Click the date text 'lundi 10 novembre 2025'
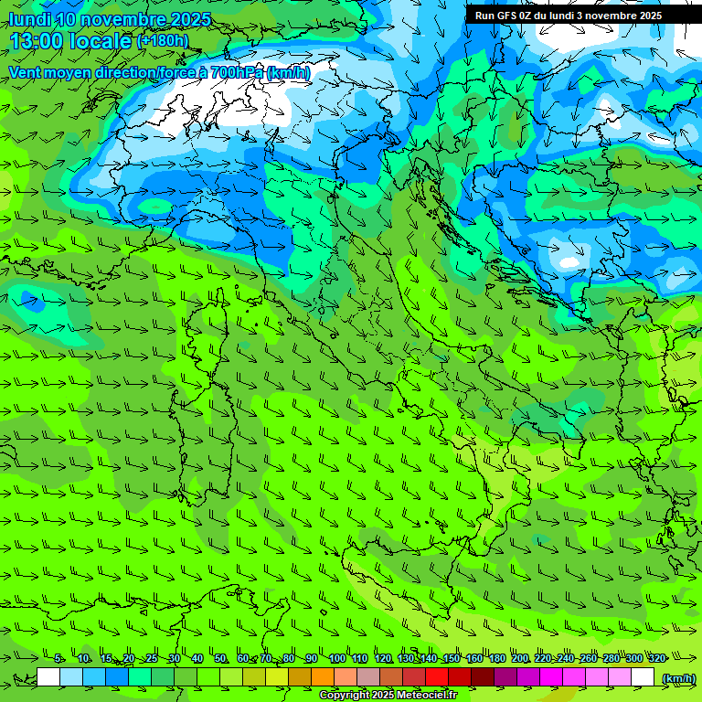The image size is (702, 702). [x=110, y=19]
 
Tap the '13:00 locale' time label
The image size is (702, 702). [x=71, y=41]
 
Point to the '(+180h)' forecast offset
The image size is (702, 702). [x=163, y=40]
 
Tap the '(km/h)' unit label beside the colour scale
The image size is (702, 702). [x=677, y=678]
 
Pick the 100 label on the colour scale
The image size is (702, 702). [x=337, y=658]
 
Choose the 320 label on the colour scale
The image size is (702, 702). [x=656, y=658]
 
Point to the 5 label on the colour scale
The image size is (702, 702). [x=58, y=658]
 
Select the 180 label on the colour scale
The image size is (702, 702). [x=497, y=658]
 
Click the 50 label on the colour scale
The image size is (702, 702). [x=220, y=658]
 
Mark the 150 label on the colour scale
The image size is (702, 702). [x=452, y=658]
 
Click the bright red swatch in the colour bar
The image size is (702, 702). [x=437, y=677]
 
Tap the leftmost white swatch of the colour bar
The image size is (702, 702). [x=48, y=677]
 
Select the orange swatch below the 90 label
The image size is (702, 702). [x=323, y=677]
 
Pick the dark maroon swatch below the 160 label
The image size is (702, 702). [x=483, y=677]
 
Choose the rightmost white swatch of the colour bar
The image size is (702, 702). [x=643, y=677]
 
